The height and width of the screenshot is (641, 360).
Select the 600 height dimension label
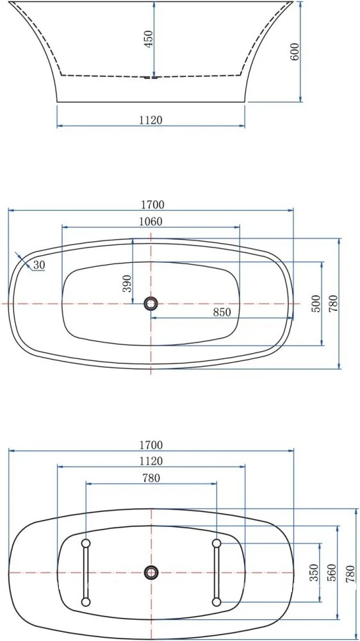click(x=295, y=51)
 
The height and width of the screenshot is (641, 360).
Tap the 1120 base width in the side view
click(x=151, y=119)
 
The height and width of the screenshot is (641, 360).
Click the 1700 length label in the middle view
click(x=152, y=204)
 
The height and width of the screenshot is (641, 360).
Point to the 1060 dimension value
click(x=151, y=222)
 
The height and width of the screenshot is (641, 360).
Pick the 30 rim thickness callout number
click(x=39, y=265)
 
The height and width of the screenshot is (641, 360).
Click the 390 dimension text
click(x=127, y=283)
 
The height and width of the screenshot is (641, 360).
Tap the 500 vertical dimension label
click(x=315, y=304)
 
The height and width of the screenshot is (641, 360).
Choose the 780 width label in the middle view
click(x=333, y=303)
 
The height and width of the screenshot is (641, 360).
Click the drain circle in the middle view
click(x=151, y=304)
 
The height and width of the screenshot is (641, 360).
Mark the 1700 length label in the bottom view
click(x=151, y=445)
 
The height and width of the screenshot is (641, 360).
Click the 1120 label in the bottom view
click(x=151, y=461)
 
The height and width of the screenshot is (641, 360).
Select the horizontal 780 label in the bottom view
click(x=151, y=478)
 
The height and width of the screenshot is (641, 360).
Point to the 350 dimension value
click(x=314, y=572)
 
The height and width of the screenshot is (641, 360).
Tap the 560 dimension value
click(x=331, y=572)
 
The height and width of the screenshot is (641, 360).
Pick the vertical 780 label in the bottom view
click(x=350, y=572)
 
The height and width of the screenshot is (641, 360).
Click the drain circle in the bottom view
click(x=151, y=572)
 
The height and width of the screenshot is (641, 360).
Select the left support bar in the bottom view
click(x=85, y=572)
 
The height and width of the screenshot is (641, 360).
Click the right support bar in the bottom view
click(x=217, y=572)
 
